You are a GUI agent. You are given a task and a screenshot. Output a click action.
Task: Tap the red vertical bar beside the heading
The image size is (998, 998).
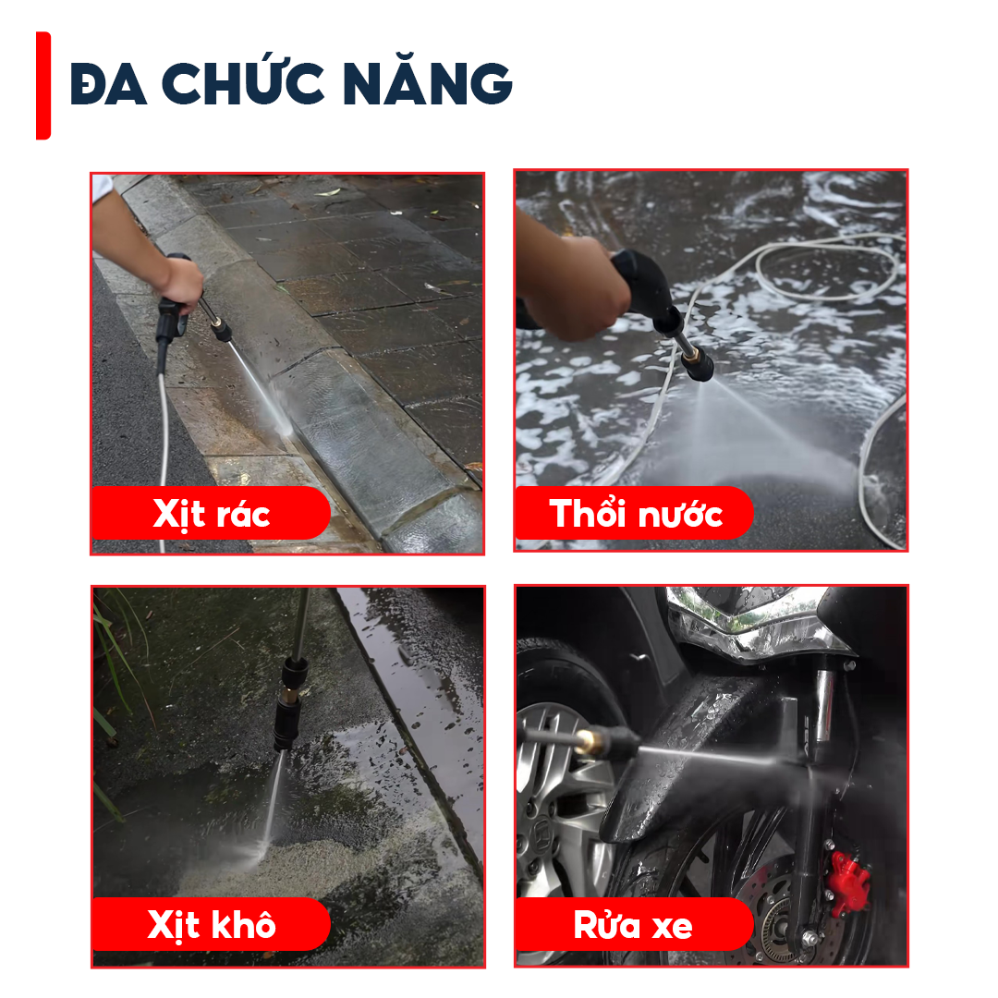tap(43, 85)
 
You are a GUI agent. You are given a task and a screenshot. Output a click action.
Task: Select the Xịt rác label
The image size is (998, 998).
tap(212, 513)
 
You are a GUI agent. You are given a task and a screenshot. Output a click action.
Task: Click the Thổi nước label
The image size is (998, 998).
tap(635, 513)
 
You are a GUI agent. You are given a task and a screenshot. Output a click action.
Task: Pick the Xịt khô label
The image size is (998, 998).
tap(212, 924)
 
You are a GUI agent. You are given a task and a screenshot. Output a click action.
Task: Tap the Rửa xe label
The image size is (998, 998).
tap(633, 924)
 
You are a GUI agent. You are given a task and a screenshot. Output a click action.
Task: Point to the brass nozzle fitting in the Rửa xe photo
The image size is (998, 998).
tap(589, 742)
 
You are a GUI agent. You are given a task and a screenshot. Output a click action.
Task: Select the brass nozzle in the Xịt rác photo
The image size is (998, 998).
tap(220, 331)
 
